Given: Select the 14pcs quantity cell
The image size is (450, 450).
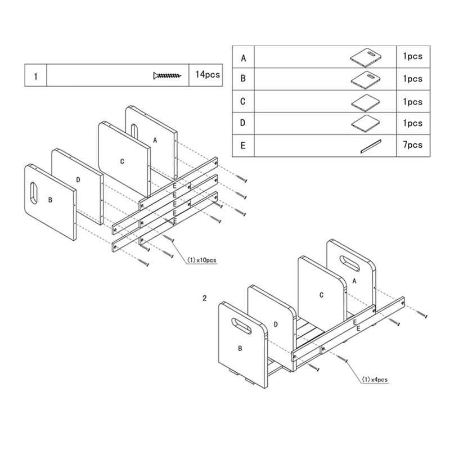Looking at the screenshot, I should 204,75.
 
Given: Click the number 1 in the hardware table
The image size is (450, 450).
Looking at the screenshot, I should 35,76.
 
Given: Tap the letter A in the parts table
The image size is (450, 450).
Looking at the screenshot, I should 243,57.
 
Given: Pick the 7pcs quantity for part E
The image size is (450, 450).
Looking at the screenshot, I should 412,145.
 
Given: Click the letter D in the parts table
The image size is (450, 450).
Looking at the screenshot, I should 243,123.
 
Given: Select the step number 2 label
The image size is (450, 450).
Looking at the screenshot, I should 205,298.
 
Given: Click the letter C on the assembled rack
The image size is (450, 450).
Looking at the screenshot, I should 321,294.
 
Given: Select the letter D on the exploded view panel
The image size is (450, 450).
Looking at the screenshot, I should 78,179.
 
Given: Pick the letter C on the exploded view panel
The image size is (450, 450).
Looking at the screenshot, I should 122,161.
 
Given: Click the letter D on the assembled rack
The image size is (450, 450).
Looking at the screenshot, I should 276,324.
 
